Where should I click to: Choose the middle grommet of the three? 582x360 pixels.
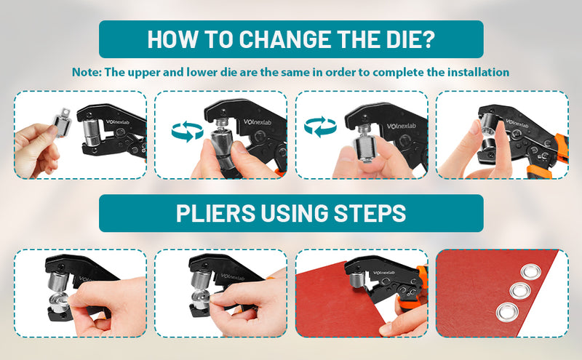coord(521,292)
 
